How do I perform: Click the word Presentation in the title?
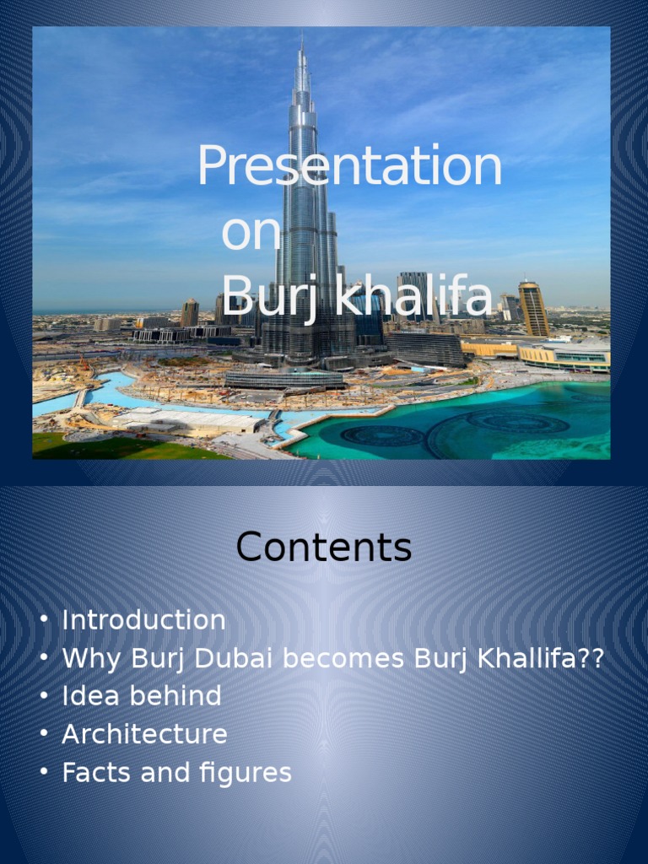pyautogui.click(x=349, y=166)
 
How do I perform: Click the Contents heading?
pyautogui.click(x=324, y=548)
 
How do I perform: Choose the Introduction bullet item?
pyautogui.click(x=143, y=620)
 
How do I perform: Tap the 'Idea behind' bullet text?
pyautogui.click(x=142, y=696)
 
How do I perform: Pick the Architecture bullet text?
pyautogui.click(x=144, y=734)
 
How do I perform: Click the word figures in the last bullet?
pyautogui.click(x=251, y=773)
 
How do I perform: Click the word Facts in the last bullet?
pyautogui.click(x=93, y=773)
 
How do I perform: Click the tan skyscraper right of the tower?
pyautogui.click(x=532, y=309)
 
